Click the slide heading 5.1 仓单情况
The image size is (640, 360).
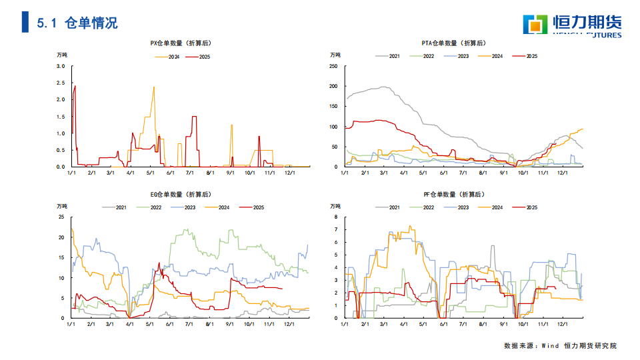point(77,23)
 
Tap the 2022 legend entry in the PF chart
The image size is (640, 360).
point(429,207)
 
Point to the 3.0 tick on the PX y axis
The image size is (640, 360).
point(61,67)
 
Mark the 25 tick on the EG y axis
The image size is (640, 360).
point(61,217)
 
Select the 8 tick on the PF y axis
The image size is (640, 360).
point(336,217)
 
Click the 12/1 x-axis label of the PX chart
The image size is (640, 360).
point(289,173)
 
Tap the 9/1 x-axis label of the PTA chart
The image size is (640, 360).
point(503,173)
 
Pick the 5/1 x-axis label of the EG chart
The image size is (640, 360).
point(150,324)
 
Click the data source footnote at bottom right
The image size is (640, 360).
point(561,346)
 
